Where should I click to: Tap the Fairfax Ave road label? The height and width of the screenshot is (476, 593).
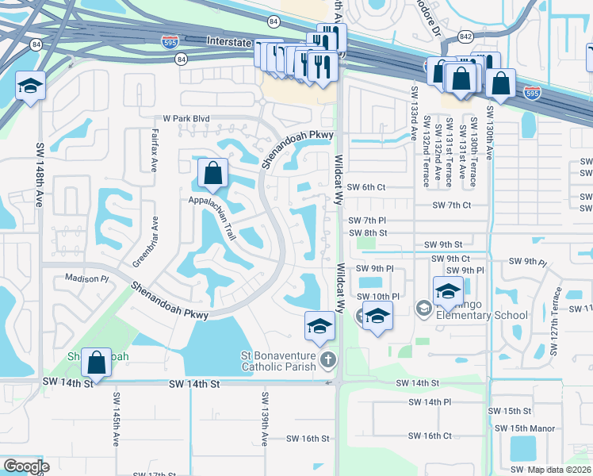coord(155,150)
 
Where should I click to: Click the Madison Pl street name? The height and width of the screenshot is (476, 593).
coord(86,278)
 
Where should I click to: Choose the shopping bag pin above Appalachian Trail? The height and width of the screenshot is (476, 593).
coord(212,173)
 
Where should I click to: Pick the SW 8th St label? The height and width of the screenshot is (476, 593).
coord(368,232)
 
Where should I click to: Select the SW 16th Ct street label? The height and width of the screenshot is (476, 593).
coord(430,436)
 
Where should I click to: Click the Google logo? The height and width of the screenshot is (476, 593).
coord(27,466)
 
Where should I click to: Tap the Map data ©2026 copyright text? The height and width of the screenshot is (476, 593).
coord(559,470)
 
